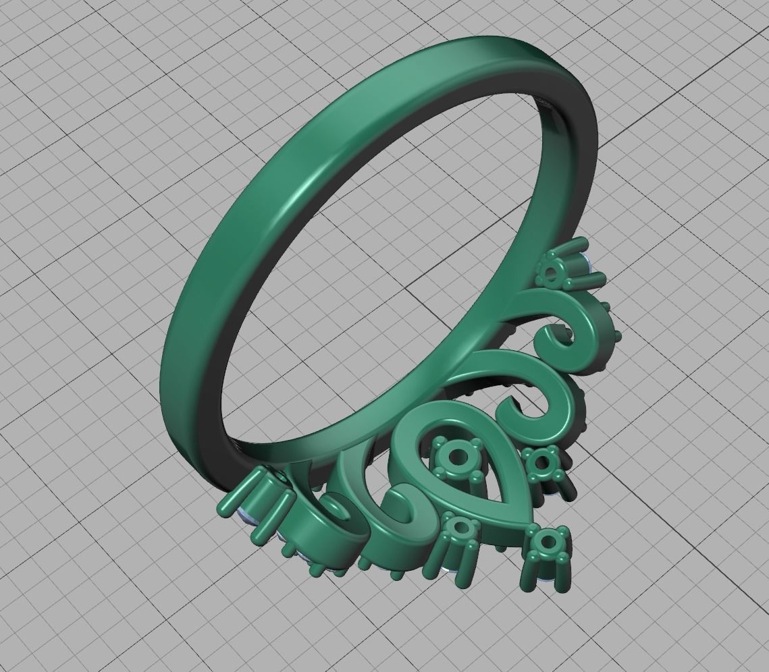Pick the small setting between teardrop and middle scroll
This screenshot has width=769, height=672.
point(541,462)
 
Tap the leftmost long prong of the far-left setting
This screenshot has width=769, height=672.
point(233,503)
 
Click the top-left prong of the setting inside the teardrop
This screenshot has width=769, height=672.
point(439,443)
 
